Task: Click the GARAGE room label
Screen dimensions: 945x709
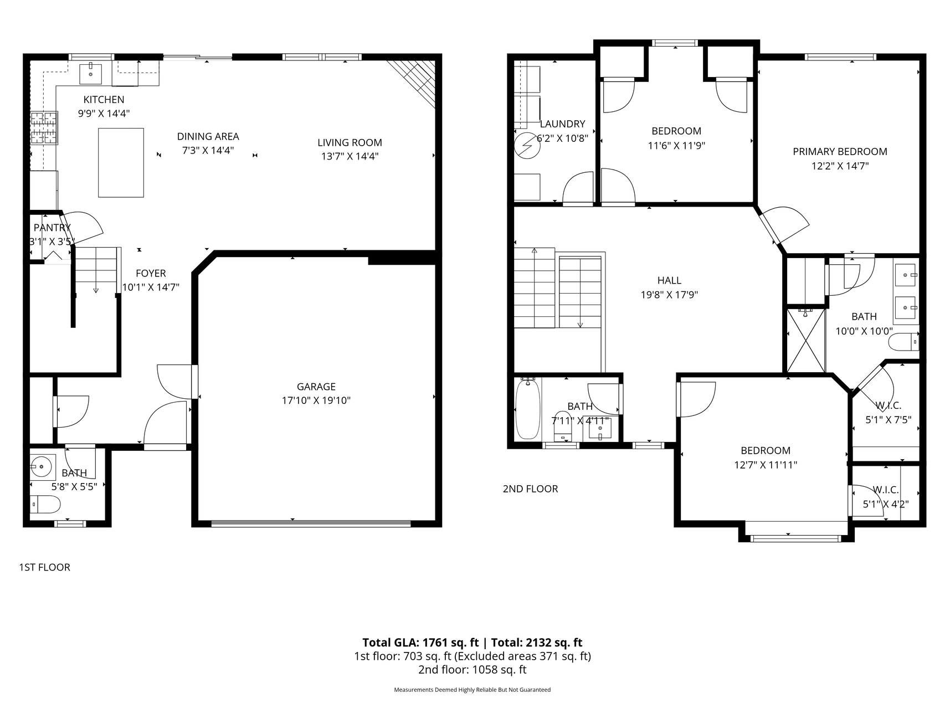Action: (316, 387)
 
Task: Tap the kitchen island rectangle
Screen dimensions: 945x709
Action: (121, 162)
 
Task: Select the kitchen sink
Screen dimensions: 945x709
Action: (91, 72)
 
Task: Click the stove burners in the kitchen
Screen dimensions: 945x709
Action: (44, 128)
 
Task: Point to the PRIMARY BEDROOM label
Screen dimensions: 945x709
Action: (840, 152)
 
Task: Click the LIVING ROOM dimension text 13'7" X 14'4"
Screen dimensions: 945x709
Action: (350, 156)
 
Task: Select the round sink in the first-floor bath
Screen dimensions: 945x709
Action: (43, 467)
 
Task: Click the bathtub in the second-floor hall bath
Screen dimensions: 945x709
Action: (528, 409)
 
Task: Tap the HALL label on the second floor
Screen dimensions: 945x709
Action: (669, 281)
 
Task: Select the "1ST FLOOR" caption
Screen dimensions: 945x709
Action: (45, 567)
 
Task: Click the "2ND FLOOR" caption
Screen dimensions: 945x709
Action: (530, 489)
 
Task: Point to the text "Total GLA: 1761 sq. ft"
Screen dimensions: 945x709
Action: (420, 643)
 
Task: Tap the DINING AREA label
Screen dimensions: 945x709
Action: (208, 136)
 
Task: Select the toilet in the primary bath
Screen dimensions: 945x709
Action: (903, 342)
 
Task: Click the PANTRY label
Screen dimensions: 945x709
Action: (52, 228)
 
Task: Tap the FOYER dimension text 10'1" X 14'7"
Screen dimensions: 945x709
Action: (151, 287)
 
